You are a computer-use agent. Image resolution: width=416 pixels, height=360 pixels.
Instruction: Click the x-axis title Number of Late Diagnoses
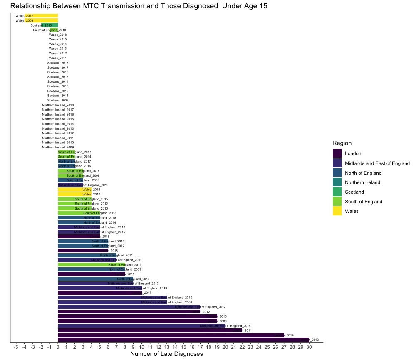[x=166, y=354]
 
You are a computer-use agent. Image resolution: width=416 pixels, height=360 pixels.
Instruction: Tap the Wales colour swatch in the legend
[x=337, y=211]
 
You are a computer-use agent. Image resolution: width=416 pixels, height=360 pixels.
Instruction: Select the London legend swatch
[x=337, y=153]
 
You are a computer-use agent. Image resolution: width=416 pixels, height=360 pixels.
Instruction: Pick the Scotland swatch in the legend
[x=337, y=192]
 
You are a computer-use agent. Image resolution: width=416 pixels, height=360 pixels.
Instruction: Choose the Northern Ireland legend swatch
[x=337, y=182]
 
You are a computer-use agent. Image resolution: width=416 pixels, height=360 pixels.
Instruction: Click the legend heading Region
[x=342, y=143]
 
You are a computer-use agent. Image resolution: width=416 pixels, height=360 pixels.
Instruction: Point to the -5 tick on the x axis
[x=16, y=347]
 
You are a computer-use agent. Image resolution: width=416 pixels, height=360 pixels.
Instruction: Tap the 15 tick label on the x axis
[x=183, y=347]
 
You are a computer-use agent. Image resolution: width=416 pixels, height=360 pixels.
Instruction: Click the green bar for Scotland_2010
[x=50, y=25]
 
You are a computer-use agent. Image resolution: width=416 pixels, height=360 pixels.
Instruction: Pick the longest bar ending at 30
[x=183, y=340]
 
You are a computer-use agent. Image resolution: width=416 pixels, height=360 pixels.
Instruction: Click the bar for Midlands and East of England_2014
[x=141, y=326]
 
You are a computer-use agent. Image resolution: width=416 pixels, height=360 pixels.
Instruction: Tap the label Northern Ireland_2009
[x=58, y=147]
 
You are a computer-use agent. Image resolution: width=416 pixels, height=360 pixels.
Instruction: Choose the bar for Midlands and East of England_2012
[x=129, y=307]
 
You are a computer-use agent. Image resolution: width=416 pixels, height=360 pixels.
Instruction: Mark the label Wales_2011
[x=58, y=58]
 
